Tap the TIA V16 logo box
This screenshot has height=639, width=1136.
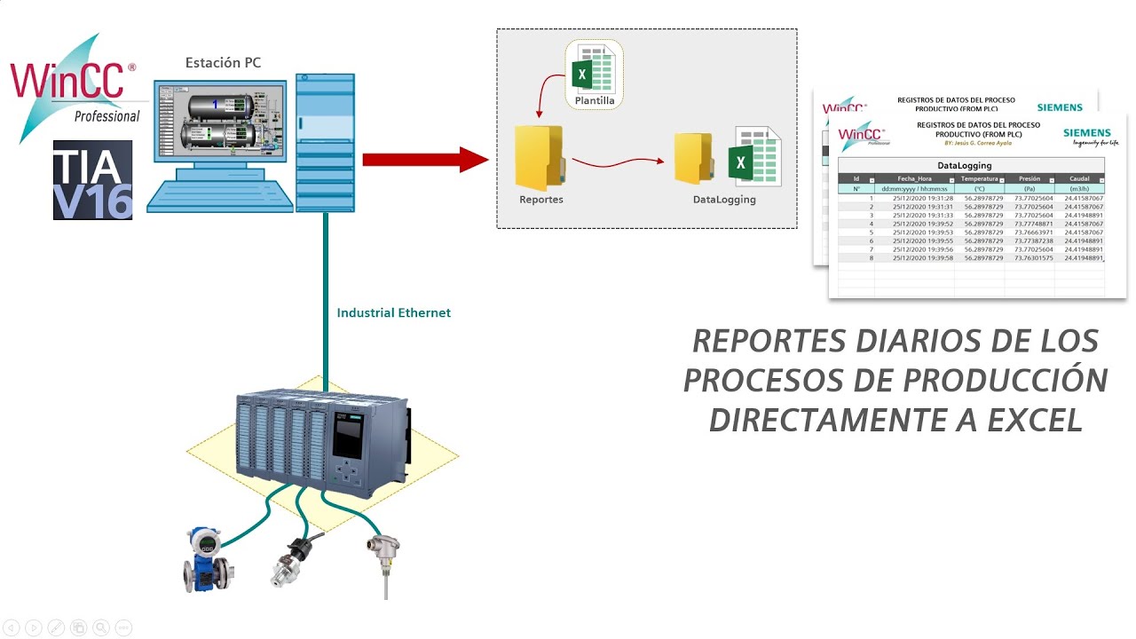92,180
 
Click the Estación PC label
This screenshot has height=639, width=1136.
223,62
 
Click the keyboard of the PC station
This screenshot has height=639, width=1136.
218,194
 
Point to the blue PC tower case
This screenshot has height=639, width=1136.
325,142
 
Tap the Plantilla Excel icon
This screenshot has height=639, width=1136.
595,74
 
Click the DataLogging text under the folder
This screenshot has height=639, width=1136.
724,200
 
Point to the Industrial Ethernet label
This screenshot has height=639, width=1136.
393,313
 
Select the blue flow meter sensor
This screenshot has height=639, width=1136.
203,559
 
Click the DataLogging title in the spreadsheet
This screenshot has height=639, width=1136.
964,165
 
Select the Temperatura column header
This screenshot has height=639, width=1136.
979,178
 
